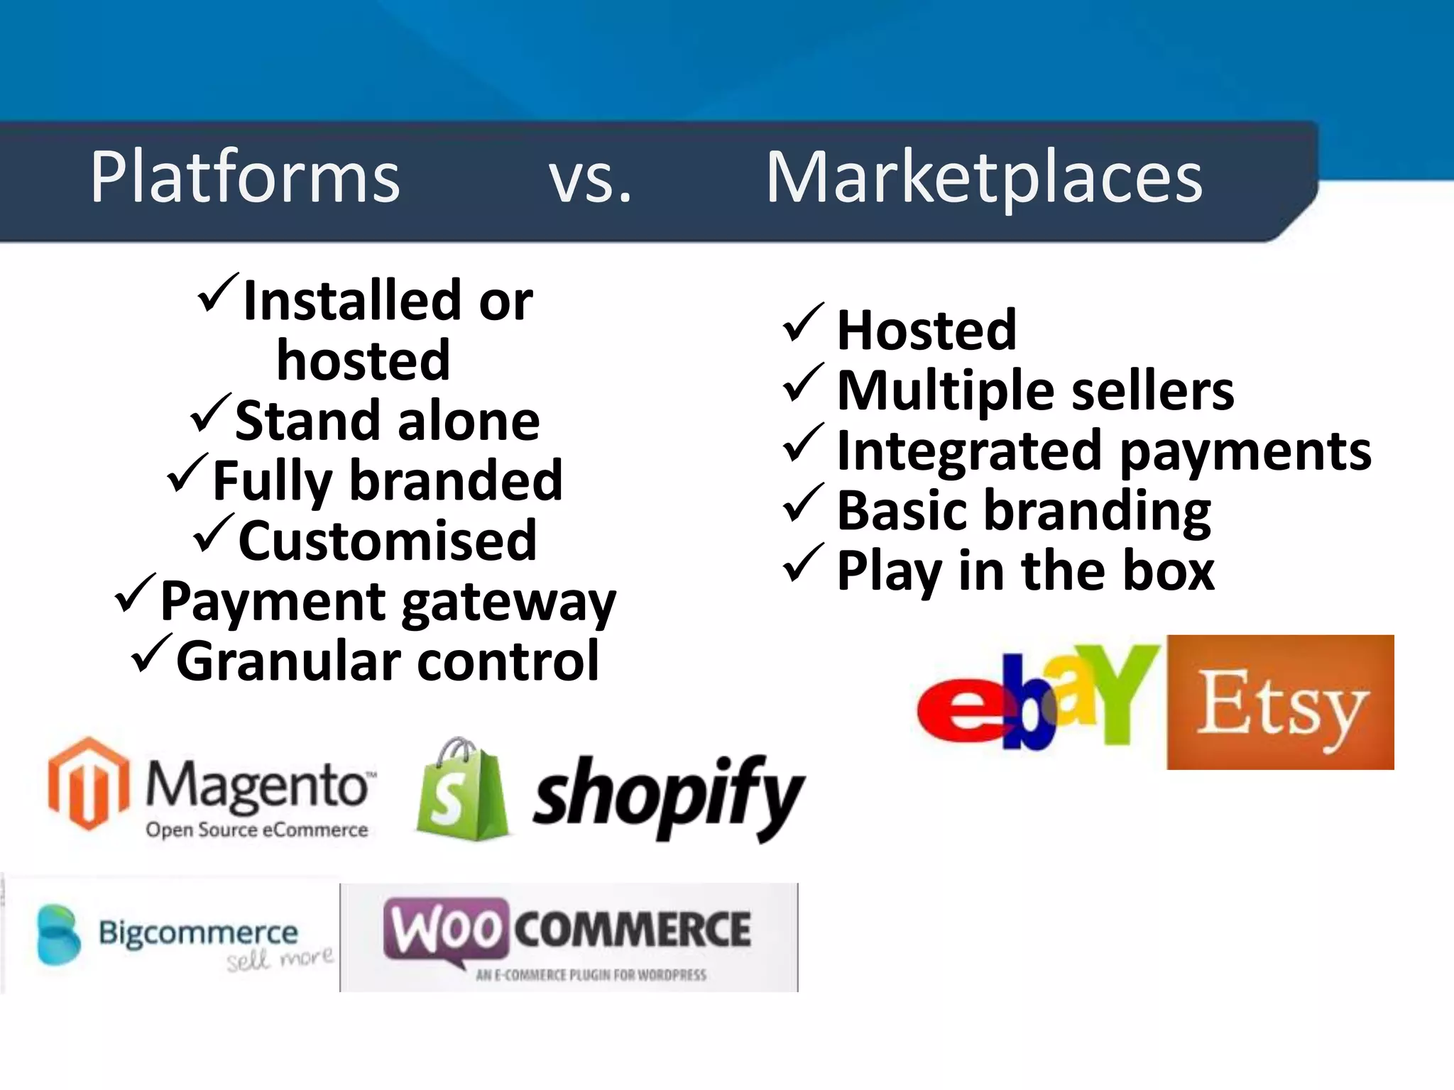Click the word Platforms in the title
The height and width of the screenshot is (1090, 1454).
245,177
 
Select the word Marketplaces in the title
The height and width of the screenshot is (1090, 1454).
984,179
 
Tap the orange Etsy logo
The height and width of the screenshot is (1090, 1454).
1280,703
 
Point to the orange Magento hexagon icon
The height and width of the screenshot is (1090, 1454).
89,783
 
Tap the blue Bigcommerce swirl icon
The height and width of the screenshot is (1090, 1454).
58,935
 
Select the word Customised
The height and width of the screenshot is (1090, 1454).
388,541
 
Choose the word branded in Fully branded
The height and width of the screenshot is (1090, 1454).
457,481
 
